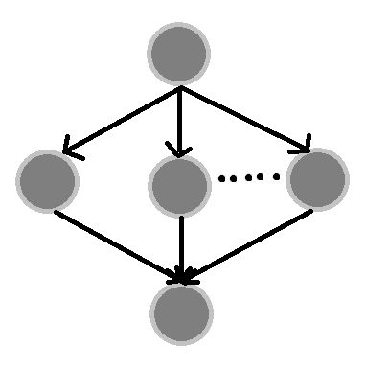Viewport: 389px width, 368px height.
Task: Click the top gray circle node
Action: pyautogui.click(x=178, y=54)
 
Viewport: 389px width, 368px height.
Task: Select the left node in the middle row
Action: pyautogui.click(x=47, y=180)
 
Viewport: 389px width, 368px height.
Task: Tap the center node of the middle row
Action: pyautogui.click(x=179, y=185)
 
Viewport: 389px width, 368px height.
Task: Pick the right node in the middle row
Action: pyautogui.click(x=316, y=179)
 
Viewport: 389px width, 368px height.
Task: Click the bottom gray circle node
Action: pyautogui.click(x=180, y=313)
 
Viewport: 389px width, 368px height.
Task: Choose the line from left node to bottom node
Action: pyautogui.click(x=115, y=244)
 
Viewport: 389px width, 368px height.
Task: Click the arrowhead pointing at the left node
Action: pyautogui.click(x=69, y=149)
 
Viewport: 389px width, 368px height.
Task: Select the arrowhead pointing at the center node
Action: pyautogui.click(x=179, y=150)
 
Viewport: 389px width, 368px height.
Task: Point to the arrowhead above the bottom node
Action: pyautogui.click(x=182, y=279)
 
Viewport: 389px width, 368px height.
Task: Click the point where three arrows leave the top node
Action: pyautogui.click(x=180, y=88)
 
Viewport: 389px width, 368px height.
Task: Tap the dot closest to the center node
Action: pyautogui.click(x=221, y=177)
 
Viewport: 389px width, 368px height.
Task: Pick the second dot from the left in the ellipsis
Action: pyautogui.click(x=235, y=177)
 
